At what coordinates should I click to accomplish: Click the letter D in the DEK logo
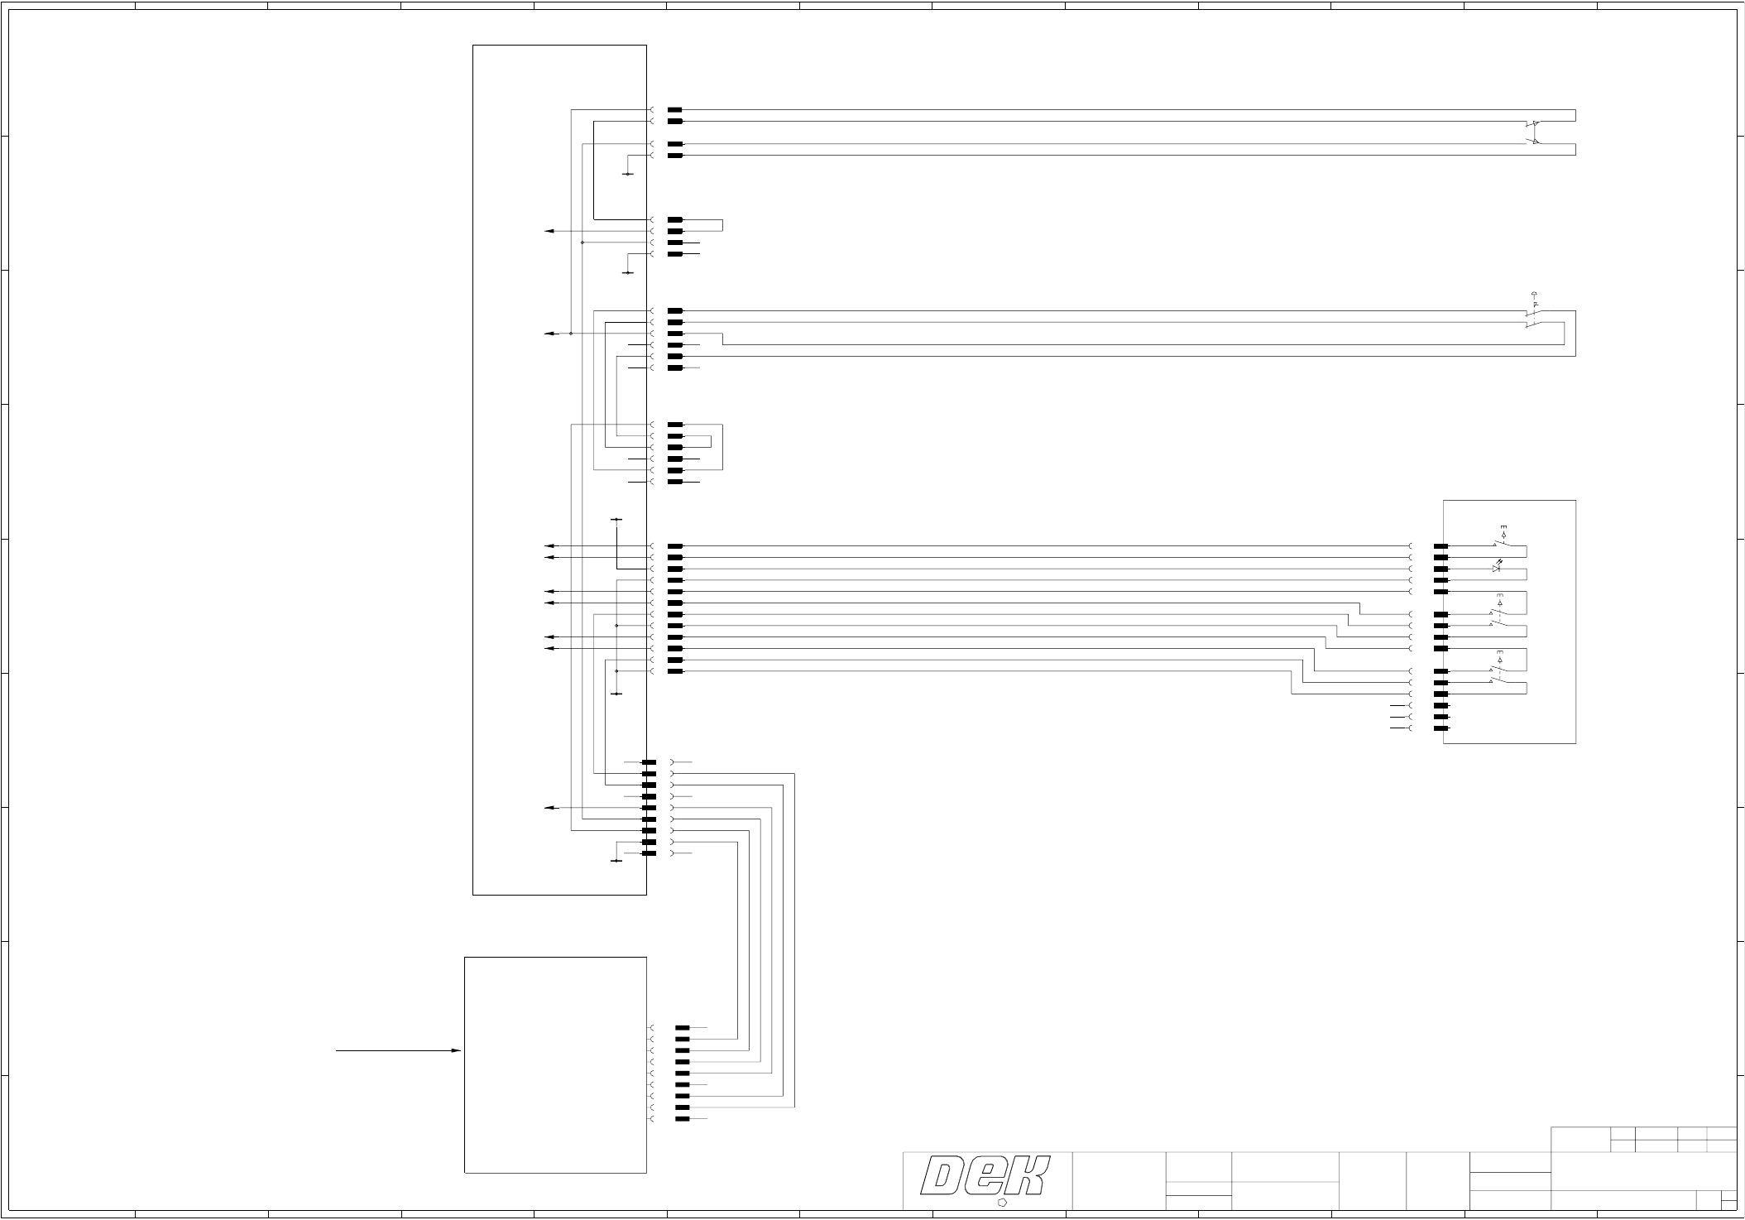tap(945, 1177)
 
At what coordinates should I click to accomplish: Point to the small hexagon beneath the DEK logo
tap(1004, 1203)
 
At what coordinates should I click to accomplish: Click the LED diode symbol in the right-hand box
tap(1496, 569)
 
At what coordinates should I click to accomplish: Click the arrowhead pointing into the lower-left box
tap(455, 1050)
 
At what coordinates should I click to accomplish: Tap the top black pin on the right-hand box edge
tap(1441, 546)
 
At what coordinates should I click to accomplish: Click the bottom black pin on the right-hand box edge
tap(1441, 728)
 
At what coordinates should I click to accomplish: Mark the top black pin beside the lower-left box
tap(682, 1027)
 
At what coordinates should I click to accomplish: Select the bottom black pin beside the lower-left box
tap(682, 1119)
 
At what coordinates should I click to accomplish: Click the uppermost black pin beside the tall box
tap(674, 110)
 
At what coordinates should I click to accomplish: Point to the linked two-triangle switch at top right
tap(1533, 132)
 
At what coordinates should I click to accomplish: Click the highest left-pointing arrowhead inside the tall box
tap(549, 231)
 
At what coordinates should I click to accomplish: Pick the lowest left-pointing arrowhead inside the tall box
tap(549, 807)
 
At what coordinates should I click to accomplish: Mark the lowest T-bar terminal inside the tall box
tap(616, 861)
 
